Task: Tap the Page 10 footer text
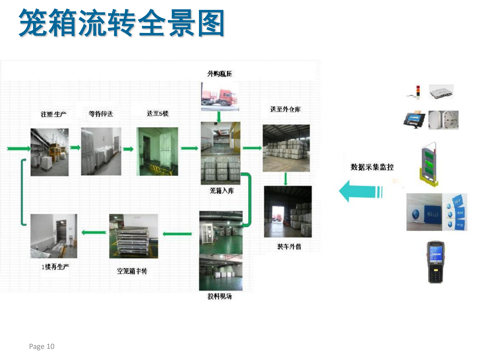(42, 346)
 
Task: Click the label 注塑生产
(53, 114)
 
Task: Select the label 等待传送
(101, 114)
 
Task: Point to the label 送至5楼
(158, 113)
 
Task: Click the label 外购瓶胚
(219, 74)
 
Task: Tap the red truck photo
(220, 97)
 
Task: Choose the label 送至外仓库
(285, 109)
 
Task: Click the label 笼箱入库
(222, 191)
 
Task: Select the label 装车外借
(289, 246)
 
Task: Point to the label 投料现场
(219, 296)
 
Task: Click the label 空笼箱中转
(132, 271)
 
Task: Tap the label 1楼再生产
(55, 266)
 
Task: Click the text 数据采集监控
(372, 167)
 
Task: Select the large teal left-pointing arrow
(360, 191)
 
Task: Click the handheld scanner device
(435, 262)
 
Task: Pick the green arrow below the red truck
(219, 116)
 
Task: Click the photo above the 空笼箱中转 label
(134, 236)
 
